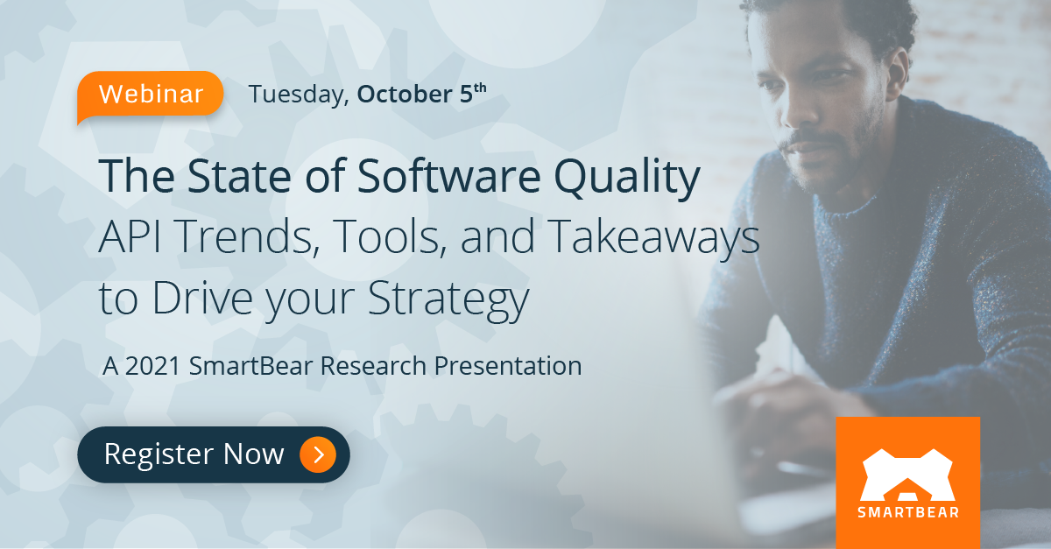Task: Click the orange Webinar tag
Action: pos(151,94)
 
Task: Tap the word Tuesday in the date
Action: pos(297,95)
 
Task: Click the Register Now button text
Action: pos(194,454)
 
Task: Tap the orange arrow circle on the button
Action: pos(317,454)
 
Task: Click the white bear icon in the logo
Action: pos(907,474)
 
